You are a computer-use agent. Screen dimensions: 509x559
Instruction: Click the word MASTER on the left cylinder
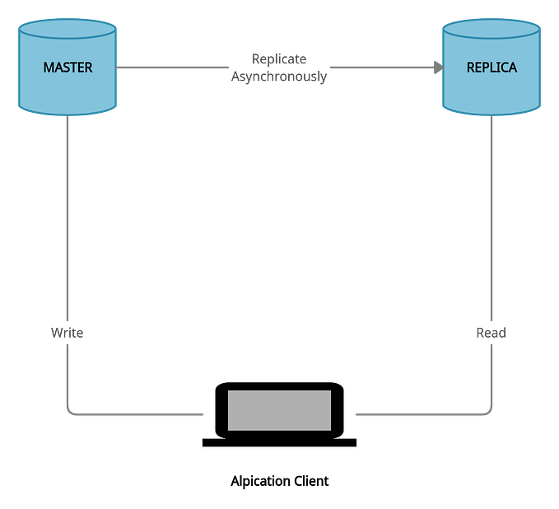(68, 68)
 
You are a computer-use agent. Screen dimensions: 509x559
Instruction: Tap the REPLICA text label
(491, 68)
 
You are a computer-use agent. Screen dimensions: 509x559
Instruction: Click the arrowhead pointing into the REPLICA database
(436, 68)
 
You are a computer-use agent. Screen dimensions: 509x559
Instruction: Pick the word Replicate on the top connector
(279, 58)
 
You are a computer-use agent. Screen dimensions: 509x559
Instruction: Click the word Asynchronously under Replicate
(279, 77)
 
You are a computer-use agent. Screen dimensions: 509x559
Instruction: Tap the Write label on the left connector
(68, 334)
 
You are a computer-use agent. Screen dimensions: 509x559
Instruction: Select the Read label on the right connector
(491, 334)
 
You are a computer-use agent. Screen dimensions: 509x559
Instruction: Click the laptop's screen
(279, 409)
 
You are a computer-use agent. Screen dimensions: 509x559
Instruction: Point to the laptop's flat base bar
(279, 442)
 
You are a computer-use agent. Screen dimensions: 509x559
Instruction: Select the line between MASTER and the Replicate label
(173, 68)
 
